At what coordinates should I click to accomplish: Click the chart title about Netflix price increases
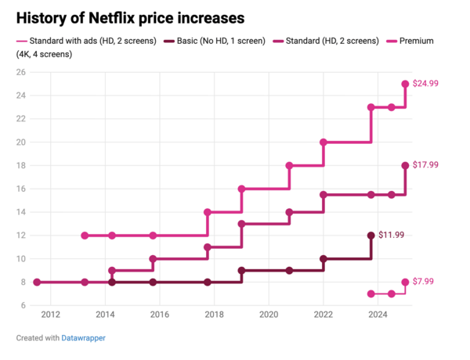pyautogui.click(x=129, y=16)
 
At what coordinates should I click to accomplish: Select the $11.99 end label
pyautogui.click(x=392, y=235)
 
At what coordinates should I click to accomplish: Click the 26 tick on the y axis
pyautogui.click(x=21, y=72)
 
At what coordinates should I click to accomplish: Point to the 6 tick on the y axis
pyautogui.click(x=23, y=305)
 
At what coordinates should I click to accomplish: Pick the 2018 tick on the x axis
pyautogui.click(x=214, y=315)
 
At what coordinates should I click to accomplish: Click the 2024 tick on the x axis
pyautogui.click(x=378, y=315)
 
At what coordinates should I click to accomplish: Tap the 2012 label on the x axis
pyautogui.click(x=50, y=315)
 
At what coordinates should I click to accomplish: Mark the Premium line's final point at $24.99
pyautogui.click(x=405, y=84)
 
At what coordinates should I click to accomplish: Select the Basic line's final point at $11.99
pyautogui.click(x=371, y=236)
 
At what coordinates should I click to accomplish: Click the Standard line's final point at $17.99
pyautogui.click(x=405, y=165)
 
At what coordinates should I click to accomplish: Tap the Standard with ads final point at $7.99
pyautogui.click(x=405, y=282)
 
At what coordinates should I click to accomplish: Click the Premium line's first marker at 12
pyautogui.click(x=85, y=236)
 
